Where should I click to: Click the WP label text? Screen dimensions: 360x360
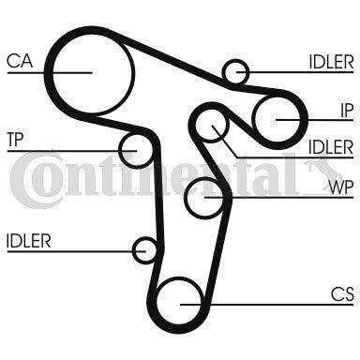pyautogui.click(x=340, y=185)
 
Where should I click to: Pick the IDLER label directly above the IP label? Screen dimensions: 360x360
pyautogui.click(x=331, y=62)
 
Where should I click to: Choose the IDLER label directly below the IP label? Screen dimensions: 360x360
pyautogui.click(x=331, y=146)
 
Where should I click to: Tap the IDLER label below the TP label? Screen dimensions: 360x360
pyautogui.click(x=28, y=241)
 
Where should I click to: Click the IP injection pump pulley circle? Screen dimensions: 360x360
pyautogui.click(x=279, y=119)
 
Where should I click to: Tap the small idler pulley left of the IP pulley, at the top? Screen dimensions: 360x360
pyautogui.click(x=236, y=71)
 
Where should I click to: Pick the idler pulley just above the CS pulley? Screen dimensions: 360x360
pyautogui.click(x=145, y=250)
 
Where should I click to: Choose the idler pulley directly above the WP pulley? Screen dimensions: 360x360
pyautogui.click(x=217, y=127)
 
